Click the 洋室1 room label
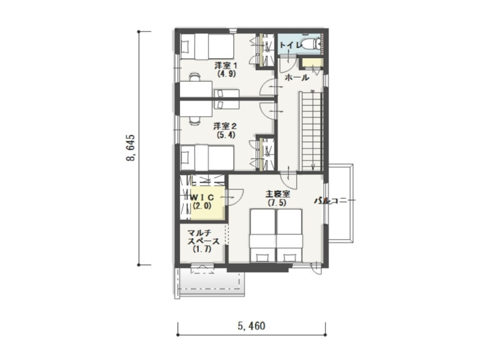(226, 66)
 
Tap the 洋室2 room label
(225, 126)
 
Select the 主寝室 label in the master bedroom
(277, 194)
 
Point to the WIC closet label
(202, 198)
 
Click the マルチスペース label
(204, 237)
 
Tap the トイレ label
(291, 45)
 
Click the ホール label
(297, 77)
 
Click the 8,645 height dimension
(131, 148)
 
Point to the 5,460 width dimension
(251, 326)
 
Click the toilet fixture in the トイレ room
(311, 44)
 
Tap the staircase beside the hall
(311, 131)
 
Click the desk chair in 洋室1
(195, 77)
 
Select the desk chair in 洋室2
(195, 121)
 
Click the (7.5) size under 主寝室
(277, 202)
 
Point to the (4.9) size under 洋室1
(226, 74)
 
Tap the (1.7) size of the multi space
(202, 249)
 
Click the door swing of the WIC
(234, 197)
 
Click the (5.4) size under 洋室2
(226, 134)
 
